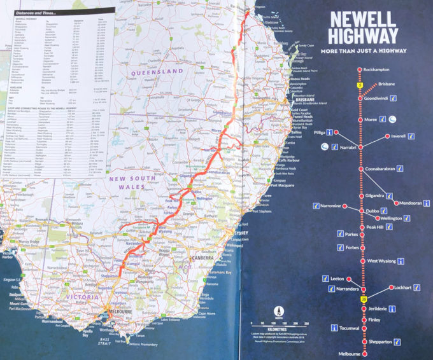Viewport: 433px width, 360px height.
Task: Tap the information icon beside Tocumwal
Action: (334, 328)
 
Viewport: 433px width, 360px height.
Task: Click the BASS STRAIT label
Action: (120, 343)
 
